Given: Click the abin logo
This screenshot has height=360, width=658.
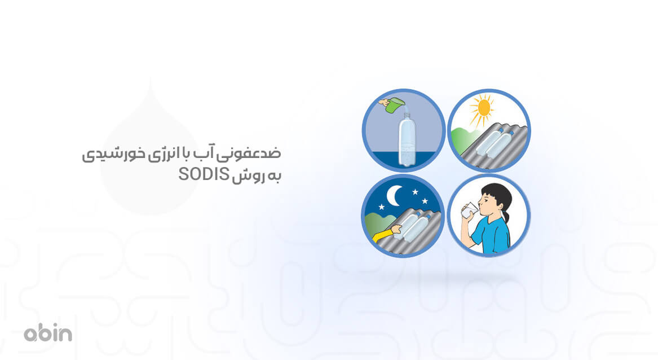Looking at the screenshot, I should point(48,333).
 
